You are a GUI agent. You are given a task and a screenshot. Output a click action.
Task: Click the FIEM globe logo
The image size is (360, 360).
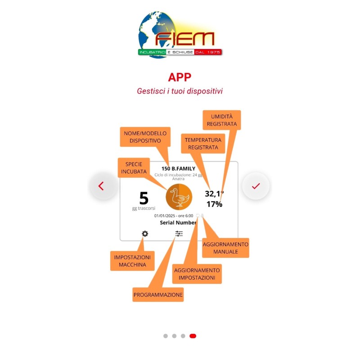[180, 34]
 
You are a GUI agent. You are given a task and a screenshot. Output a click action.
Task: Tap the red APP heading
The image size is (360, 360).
[180, 77]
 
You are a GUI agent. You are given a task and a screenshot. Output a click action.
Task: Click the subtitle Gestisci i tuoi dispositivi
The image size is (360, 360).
[180, 91]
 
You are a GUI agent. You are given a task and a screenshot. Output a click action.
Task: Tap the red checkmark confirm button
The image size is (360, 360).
[256, 186]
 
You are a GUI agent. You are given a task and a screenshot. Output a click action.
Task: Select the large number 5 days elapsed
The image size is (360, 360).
[144, 198]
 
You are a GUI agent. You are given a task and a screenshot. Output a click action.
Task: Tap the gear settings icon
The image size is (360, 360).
[145, 234]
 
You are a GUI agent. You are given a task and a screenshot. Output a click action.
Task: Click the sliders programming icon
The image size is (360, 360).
[179, 234]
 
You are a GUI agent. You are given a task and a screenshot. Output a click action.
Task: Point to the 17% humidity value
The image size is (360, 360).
[214, 204]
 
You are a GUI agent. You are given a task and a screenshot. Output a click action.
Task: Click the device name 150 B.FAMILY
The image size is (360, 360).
[179, 169]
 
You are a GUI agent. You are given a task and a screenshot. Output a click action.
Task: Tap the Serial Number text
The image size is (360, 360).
[178, 222]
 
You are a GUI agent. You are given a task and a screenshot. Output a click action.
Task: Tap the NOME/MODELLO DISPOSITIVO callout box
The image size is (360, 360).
[145, 137]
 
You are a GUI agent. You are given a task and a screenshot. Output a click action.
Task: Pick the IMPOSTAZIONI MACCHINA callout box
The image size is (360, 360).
[132, 261]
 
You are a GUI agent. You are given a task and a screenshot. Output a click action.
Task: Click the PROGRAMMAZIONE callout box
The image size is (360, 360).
[158, 295]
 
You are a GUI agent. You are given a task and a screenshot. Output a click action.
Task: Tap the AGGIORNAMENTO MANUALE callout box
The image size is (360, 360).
[225, 247]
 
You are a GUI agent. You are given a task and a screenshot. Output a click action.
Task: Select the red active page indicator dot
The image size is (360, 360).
[193, 336]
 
